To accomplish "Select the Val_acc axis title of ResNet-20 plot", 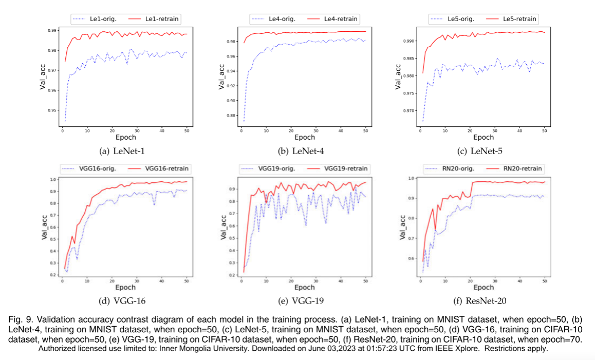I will click(x=402, y=226).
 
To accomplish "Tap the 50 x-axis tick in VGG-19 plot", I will click(x=365, y=280).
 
